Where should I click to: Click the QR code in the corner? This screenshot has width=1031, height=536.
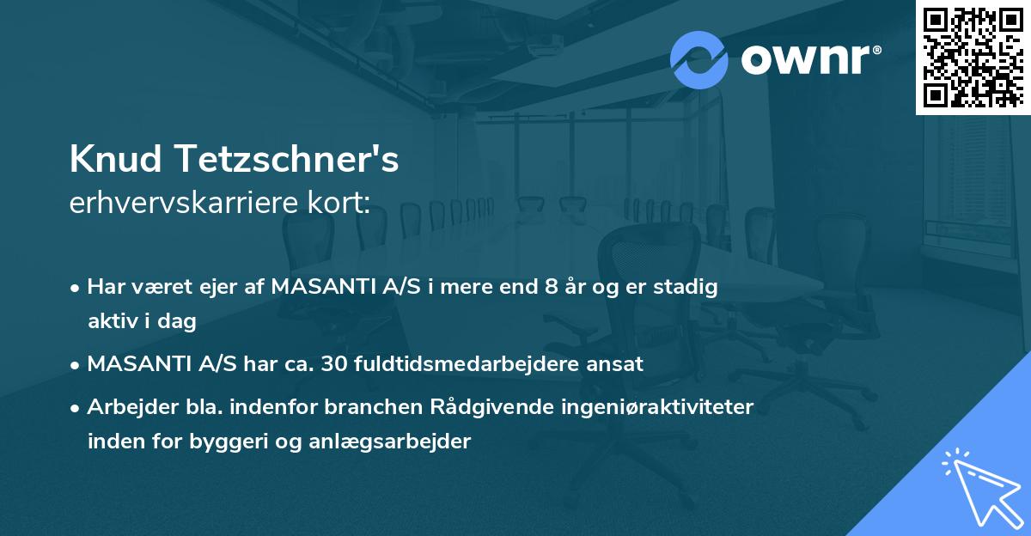(973, 57)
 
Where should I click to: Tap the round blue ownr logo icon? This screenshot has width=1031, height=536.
(699, 59)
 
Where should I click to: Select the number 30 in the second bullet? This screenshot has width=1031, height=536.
(332, 363)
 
